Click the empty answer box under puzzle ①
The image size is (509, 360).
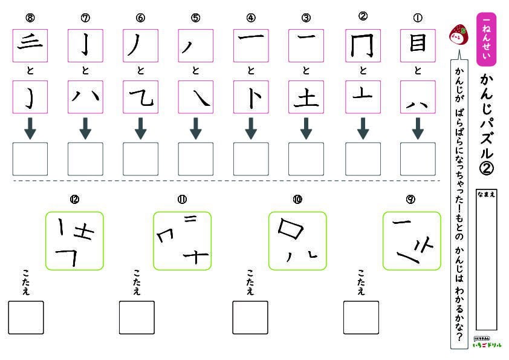coord(417,159)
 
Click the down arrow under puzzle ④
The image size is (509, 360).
coord(251,128)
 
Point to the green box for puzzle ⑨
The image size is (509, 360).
coord(411,240)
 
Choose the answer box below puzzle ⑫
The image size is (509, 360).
coord(26,317)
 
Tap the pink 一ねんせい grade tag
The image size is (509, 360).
coord(486,38)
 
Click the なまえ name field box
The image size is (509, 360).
coord(486,260)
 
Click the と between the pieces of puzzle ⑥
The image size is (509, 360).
coord(140,71)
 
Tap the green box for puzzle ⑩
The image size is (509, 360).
coord(297,240)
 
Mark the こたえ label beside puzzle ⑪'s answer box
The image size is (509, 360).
coord(136,283)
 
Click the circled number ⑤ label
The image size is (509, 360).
coord(195,17)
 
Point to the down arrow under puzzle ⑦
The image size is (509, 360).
coord(85,128)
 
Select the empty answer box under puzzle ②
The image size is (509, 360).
coord(363,159)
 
